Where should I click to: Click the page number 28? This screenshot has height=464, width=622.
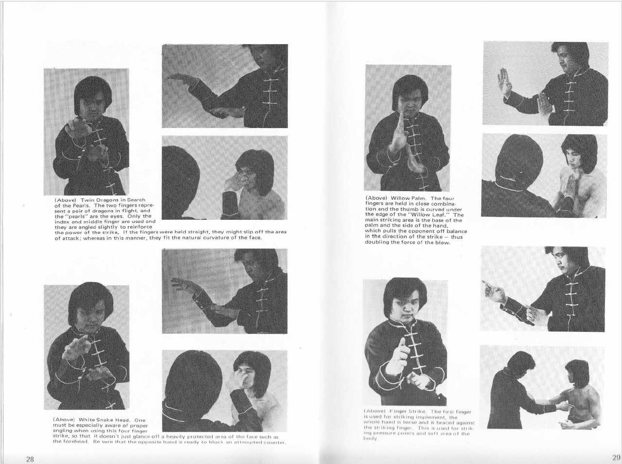pos(30,459)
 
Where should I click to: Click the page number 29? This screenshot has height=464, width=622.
pos(616,457)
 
